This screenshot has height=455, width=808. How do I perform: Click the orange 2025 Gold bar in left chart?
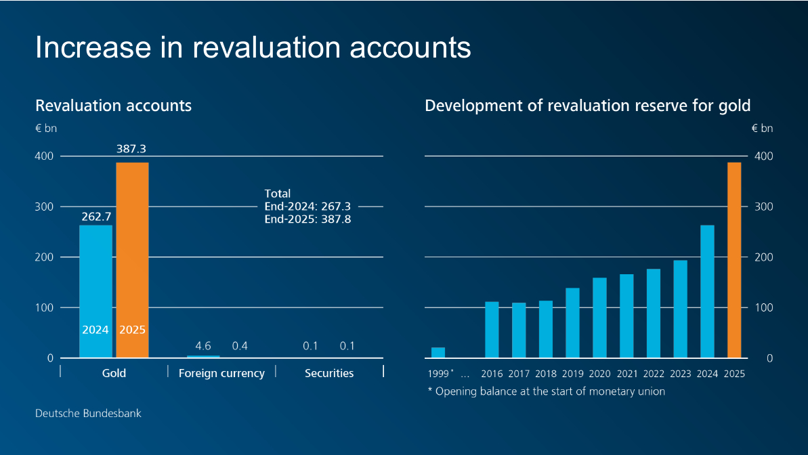click(132, 260)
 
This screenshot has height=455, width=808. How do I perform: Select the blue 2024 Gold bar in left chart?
click(95, 291)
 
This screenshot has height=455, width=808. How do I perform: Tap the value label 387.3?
click(132, 149)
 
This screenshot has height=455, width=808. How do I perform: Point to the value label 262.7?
click(95, 217)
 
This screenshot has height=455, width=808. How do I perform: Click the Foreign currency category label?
click(221, 373)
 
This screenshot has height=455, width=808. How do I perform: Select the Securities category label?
click(329, 373)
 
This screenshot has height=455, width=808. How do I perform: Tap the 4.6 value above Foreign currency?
click(203, 346)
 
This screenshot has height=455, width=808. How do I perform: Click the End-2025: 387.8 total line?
click(307, 219)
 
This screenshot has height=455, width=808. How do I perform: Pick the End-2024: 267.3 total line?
click(307, 207)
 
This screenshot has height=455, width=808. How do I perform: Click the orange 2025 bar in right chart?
click(734, 260)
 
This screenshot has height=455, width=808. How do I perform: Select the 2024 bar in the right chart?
click(707, 291)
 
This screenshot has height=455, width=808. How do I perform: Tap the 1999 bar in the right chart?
click(438, 353)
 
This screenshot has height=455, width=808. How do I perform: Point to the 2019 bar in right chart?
click(572, 323)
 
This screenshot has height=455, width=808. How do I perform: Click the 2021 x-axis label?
click(626, 374)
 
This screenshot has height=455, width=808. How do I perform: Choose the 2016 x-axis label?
click(492, 374)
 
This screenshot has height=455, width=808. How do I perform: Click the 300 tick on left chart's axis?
click(45, 207)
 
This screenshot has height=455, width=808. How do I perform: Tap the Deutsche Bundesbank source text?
click(88, 413)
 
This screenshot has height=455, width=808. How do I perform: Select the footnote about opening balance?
click(546, 391)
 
